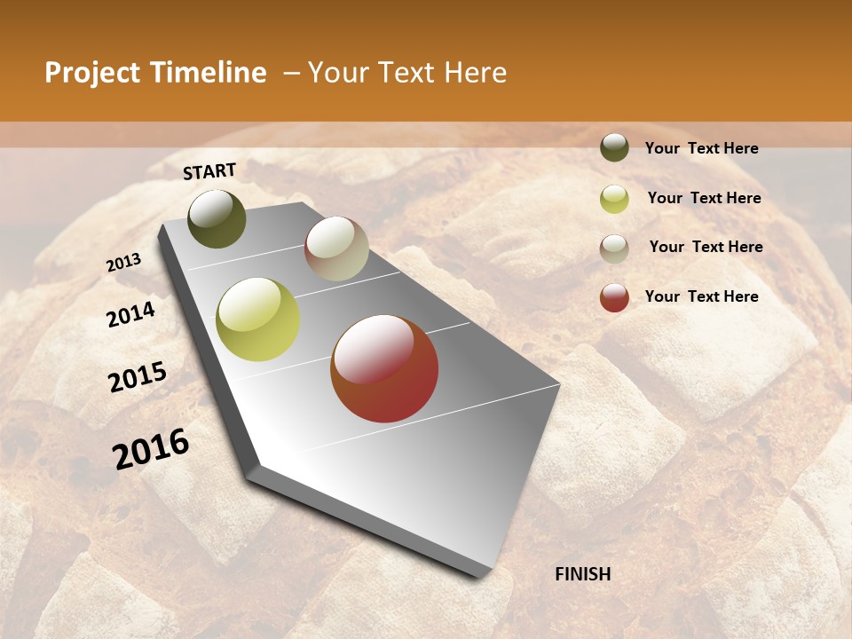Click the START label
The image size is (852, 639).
209,171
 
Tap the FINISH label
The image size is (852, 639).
582,574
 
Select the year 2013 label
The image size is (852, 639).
123,263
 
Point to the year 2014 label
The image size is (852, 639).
130,315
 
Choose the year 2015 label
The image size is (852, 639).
138,377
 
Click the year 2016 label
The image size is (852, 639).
151,449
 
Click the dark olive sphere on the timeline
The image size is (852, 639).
217,219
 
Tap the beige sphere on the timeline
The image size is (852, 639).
336,248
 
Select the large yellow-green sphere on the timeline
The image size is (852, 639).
257,319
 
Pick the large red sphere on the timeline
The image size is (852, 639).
384,368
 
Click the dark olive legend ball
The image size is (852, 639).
614,147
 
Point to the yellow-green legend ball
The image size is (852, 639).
614,199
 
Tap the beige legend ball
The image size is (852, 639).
614,248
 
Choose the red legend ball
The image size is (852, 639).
614,297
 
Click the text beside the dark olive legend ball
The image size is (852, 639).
701,148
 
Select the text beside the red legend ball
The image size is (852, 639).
701,296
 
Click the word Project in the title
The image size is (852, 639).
92,74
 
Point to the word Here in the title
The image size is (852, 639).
475,73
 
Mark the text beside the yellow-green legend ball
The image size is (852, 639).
704,198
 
